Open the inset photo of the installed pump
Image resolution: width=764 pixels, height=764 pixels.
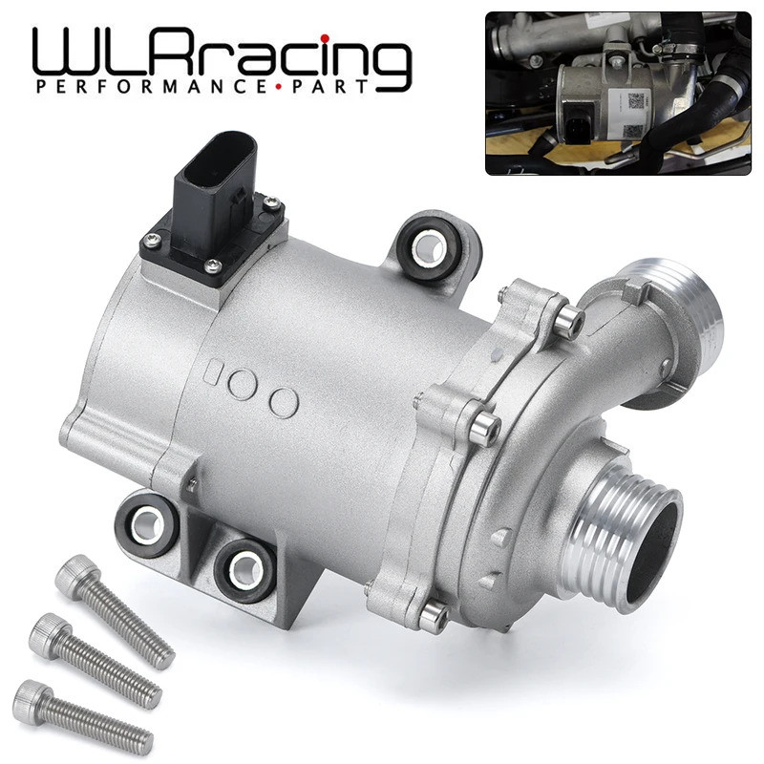(619, 93)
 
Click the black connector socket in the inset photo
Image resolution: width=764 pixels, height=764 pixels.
(579, 125)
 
